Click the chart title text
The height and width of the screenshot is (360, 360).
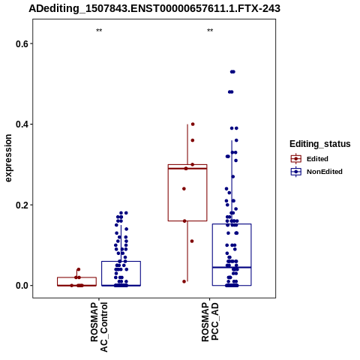pos(154,8)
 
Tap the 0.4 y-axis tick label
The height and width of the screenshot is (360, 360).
pos(21,124)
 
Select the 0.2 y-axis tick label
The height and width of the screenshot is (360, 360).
pos(21,205)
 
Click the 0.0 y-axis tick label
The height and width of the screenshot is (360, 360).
pos(21,286)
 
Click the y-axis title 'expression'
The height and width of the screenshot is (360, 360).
pos(8,158)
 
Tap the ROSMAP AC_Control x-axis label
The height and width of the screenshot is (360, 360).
pos(99,327)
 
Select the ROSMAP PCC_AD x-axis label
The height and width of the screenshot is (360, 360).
pos(210,322)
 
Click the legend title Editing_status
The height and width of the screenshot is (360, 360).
pos(320,144)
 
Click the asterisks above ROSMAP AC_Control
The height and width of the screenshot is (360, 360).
pos(99,31)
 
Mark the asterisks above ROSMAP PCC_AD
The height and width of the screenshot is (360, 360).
pos(210,31)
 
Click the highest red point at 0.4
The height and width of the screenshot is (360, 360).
pos(193,124)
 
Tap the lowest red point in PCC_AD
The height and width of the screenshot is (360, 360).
pos(184,281)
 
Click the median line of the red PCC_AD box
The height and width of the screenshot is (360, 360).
pos(187,169)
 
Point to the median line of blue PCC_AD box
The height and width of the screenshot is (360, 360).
pos(232,268)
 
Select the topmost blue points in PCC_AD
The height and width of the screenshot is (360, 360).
pos(232,72)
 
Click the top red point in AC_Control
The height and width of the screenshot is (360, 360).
pos(79,269)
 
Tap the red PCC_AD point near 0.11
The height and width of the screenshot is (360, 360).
pos(192,241)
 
